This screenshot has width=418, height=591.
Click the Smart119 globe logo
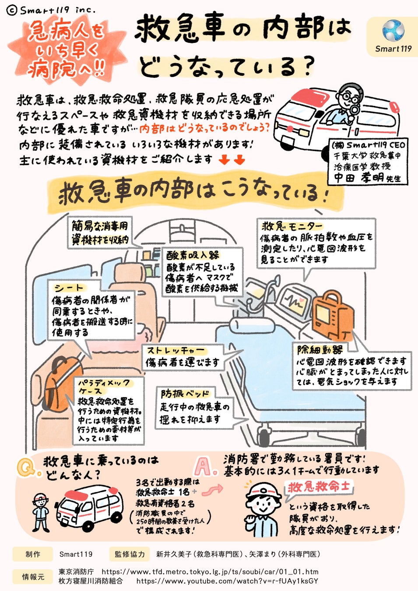tap(393, 30)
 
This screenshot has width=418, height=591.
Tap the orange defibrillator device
tap(334, 315)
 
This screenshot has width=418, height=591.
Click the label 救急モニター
tap(292, 226)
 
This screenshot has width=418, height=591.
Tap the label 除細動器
tap(320, 350)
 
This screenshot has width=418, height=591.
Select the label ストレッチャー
tap(175, 351)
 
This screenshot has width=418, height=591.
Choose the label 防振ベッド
tap(184, 394)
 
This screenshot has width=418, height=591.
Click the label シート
tap(69, 288)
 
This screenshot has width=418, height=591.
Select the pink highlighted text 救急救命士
tap(320, 487)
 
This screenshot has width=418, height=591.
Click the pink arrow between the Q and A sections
tap(214, 490)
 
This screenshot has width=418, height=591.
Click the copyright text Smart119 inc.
tap(52, 9)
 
